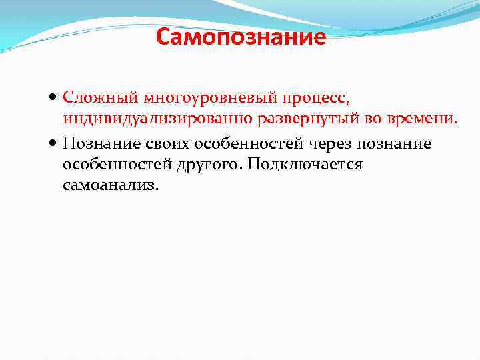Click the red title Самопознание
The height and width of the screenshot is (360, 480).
click(x=241, y=37)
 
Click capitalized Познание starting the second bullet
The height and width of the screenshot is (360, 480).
click(x=97, y=144)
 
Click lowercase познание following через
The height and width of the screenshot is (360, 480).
click(x=395, y=144)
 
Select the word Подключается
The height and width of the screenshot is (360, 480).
click(x=305, y=164)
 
